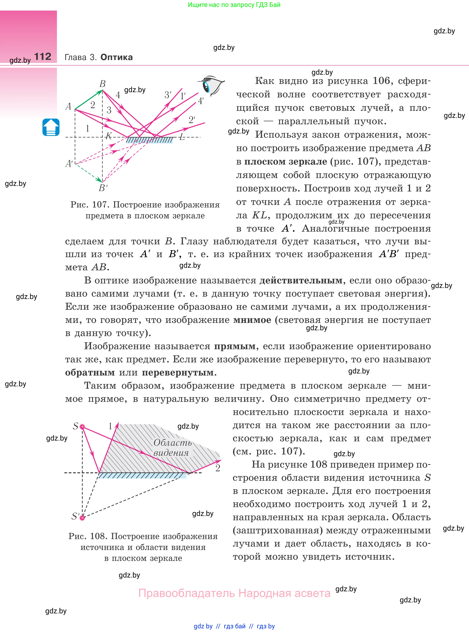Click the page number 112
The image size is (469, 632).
(43, 57)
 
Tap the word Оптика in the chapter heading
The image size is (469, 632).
(116, 57)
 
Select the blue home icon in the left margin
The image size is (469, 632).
(51, 127)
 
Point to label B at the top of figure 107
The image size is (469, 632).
(102, 84)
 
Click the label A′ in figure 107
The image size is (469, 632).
(69, 164)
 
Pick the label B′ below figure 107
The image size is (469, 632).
(103, 188)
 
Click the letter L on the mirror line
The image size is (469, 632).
(182, 137)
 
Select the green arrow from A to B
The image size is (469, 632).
(89, 100)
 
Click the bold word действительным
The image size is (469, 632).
(301, 280)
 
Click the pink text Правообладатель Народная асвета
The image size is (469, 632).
(234, 593)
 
